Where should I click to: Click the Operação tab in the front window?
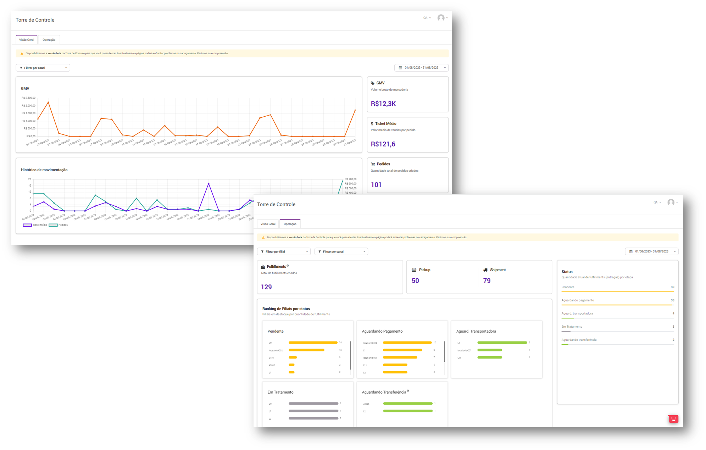tap(290, 224)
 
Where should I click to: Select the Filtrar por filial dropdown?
tap(284, 251)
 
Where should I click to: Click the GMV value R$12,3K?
tap(383, 104)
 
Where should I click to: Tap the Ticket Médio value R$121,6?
tap(383, 144)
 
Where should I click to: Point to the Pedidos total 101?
tap(376, 184)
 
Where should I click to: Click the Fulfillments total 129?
tap(266, 287)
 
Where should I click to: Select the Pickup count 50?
tap(415, 280)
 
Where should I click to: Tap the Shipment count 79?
tap(487, 280)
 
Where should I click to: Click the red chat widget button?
tap(673, 419)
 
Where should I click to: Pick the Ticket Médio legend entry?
tap(35, 225)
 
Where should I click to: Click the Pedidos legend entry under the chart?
tap(59, 225)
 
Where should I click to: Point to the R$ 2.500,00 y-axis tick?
tap(28, 98)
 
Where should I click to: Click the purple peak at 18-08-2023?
tap(209, 183)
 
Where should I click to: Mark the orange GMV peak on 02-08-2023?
tap(48, 102)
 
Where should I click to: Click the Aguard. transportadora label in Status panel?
tap(577, 313)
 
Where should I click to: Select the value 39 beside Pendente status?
tap(672, 287)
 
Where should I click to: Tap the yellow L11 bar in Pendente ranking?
tap(313, 343)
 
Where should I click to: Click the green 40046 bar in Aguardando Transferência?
tap(408, 404)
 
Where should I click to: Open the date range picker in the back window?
tap(421, 68)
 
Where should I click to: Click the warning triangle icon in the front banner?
tap(263, 238)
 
